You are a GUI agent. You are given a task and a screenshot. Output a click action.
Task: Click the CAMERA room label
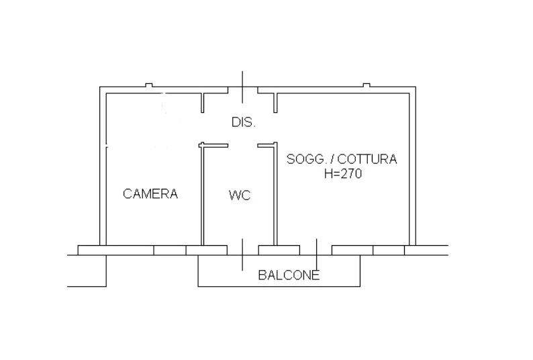150,193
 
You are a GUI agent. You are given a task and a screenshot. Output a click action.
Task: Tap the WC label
240,195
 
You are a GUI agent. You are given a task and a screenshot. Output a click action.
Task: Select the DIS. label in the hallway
243,122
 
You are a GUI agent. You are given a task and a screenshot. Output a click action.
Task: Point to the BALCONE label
289,275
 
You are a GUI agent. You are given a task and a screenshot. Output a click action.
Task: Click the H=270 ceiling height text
342,174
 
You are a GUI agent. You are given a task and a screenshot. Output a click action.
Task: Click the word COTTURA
367,159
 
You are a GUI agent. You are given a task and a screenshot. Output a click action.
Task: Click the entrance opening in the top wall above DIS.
243,90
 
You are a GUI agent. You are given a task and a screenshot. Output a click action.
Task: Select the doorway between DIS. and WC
243,146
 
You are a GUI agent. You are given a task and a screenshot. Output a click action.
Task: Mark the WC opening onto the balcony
243,250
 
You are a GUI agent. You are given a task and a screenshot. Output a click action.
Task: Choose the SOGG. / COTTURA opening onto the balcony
316,250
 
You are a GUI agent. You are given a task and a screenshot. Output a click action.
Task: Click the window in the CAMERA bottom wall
170,250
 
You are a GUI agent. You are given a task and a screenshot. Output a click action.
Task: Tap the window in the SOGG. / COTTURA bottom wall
389,250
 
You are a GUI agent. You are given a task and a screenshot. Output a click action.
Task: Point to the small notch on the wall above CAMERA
149,85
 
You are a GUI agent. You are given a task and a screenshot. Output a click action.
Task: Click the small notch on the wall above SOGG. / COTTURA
367,85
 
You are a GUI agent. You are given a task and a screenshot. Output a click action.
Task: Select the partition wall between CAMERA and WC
202,195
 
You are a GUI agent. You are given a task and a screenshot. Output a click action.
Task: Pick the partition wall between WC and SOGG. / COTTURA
275,195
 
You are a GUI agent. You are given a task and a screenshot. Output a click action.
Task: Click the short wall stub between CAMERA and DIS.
203,103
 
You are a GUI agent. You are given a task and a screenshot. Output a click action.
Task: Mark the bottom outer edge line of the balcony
279,287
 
